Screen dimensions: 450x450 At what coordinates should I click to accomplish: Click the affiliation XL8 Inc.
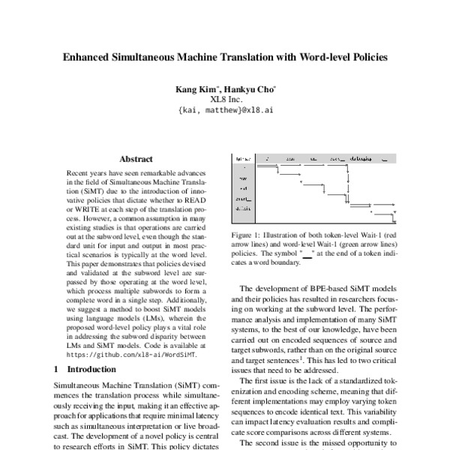[226, 99]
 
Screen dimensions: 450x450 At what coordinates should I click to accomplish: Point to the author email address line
[226, 109]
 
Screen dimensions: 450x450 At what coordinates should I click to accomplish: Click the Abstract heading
[136, 159]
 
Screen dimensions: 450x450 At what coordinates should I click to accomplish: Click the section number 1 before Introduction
[58, 369]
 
